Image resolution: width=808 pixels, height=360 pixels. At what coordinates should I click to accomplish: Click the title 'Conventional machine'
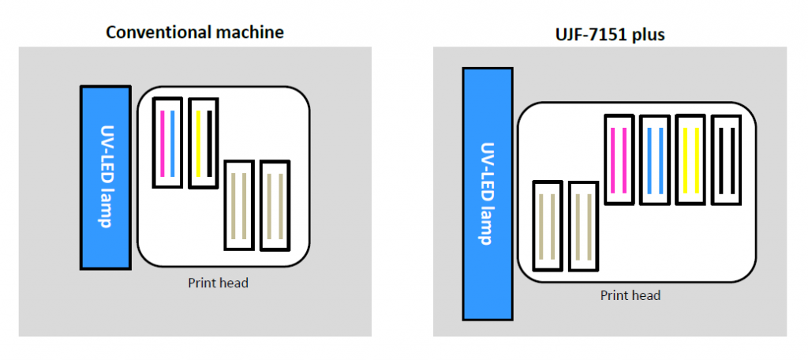[x=195, y=32]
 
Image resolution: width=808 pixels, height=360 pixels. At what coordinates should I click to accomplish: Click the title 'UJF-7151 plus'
[x=610, y=36]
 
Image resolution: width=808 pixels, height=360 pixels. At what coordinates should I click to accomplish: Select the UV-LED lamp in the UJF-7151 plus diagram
[x=488, y=193]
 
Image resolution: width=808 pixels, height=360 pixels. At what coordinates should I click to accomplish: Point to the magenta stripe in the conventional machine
[x=162, y=143]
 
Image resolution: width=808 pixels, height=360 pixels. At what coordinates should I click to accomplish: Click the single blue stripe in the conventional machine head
[x=173, y=143]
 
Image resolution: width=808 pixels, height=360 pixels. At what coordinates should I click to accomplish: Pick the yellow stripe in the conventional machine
[x=198, y=143]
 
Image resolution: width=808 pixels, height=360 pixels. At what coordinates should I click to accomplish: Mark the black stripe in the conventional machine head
[x=209, y=143]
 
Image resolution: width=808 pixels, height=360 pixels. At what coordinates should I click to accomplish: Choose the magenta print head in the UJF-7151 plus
[x=619, y=159]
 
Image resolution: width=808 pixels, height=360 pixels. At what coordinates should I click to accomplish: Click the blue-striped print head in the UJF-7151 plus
[x=655, y=159]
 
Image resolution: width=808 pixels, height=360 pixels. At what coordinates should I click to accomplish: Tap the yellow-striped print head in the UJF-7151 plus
[x=691, y=159]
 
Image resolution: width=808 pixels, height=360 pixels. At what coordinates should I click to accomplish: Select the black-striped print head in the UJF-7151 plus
[x=727, y=159]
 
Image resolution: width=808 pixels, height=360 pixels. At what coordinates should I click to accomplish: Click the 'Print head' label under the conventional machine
[x=218, y=282]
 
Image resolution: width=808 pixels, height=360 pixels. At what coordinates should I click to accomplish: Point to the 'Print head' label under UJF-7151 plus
[x=630, y=295]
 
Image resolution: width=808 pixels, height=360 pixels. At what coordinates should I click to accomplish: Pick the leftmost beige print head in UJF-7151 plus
[x=548, y=226]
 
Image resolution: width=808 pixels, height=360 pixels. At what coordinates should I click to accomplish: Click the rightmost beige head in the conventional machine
[x=275, y=206]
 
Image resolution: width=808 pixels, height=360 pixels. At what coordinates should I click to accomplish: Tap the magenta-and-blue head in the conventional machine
[x=167, y=143]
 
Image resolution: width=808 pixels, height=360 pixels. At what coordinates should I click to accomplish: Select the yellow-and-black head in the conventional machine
[x=204, y=143]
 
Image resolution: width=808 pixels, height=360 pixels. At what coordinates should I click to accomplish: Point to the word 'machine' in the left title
[x=249, y=32]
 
